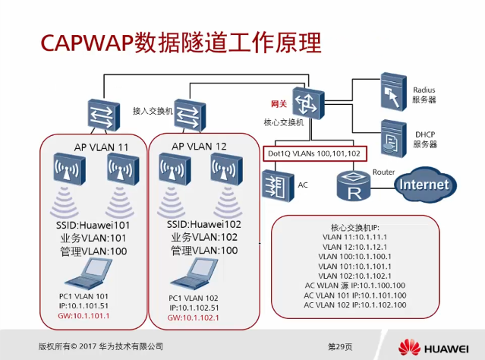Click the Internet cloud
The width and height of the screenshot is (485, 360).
pos(424,184)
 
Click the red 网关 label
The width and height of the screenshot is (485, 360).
pos(279,103)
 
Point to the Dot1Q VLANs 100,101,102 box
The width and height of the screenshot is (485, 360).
pos(315,153)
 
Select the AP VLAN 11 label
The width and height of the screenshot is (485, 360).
pos(85,146)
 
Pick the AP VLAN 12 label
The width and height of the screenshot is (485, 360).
pos(200,146)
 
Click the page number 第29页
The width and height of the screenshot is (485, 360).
pos(339,346)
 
